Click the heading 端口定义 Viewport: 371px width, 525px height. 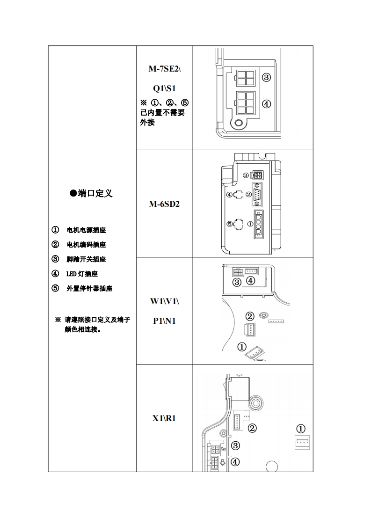[92, 193]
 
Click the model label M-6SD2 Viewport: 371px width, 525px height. [164, 204]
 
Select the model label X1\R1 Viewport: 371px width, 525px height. [164, 418]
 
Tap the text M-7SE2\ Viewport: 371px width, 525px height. [164, 69]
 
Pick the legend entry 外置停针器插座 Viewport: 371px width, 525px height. [89, 289]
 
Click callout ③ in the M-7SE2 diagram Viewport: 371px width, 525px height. [266, 78]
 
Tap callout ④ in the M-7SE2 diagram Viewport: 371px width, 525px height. [266, 104]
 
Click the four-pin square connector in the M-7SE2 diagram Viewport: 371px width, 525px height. [245, 78]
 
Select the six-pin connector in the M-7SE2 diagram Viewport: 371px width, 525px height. [245, 103]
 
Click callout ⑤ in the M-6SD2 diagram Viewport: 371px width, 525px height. [230, 224]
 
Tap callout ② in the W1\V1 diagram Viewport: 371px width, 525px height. [250, 317]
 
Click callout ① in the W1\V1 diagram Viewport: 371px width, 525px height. [242, 347]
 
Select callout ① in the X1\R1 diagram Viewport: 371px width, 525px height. [301, 429]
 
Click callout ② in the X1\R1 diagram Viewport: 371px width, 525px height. [252, 428]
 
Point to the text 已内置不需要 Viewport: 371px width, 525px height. [162, 112]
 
